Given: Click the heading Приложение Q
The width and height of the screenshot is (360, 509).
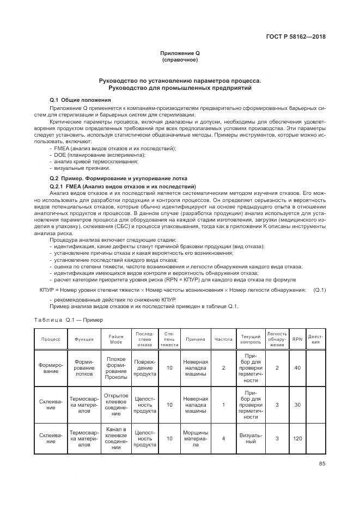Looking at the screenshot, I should click(x=180, y=52).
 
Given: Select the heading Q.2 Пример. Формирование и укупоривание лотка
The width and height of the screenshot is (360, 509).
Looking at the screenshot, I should click(x=118, y=179).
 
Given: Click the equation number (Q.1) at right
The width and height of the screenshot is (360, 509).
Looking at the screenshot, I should click(x=319, y=290).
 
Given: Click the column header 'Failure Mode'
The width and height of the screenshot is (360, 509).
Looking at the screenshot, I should click(x=116, y=339).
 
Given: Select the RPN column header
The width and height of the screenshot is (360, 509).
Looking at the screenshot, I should click(x=297, y=339).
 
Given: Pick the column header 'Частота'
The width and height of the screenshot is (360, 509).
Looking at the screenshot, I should click(x=224, y=339).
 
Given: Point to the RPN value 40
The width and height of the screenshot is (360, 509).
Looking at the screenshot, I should click(x=297, y=368).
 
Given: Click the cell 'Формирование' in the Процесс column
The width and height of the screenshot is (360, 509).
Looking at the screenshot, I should click(x=51, y=368).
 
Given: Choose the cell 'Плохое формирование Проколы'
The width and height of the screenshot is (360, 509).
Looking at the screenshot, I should click(x=116, y=368).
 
